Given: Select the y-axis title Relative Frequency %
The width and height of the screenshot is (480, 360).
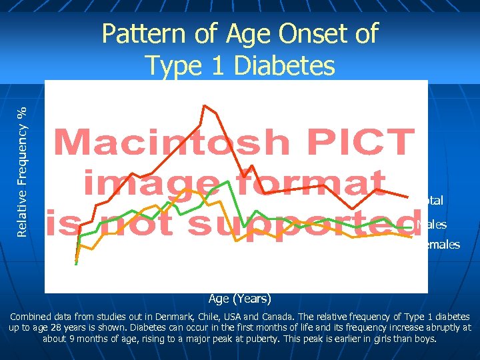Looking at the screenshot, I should click(23, 163).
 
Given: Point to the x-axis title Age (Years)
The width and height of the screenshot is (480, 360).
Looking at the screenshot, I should click(239, 298).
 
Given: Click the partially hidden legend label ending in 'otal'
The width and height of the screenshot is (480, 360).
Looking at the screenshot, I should click(435, 200).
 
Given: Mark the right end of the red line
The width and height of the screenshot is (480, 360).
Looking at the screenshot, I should click(407, 197).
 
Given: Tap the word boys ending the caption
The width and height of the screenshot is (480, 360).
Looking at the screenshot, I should click(424, 339).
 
